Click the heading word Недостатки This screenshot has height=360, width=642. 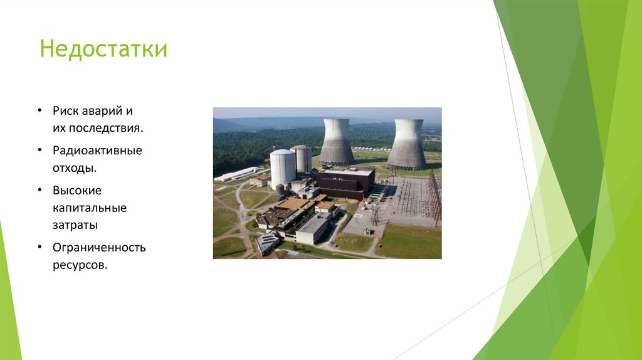click(103, 49)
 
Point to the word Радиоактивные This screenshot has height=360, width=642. click(97, 151)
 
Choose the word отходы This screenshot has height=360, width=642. click(74, 168)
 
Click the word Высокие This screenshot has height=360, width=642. click(77, 190)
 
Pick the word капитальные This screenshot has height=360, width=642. click(90, 208)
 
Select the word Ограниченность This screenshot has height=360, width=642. click(99, 247)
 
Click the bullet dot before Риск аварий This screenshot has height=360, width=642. click(39, 111)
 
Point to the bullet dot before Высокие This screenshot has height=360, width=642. click(39, 190)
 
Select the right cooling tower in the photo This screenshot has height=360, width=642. click(407, 146)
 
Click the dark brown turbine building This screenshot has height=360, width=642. click(344, 182)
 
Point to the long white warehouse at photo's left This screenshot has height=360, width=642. click(236, 174)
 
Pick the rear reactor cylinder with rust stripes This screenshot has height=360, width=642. click(302, 158)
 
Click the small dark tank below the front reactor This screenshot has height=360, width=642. click(280, 189)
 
